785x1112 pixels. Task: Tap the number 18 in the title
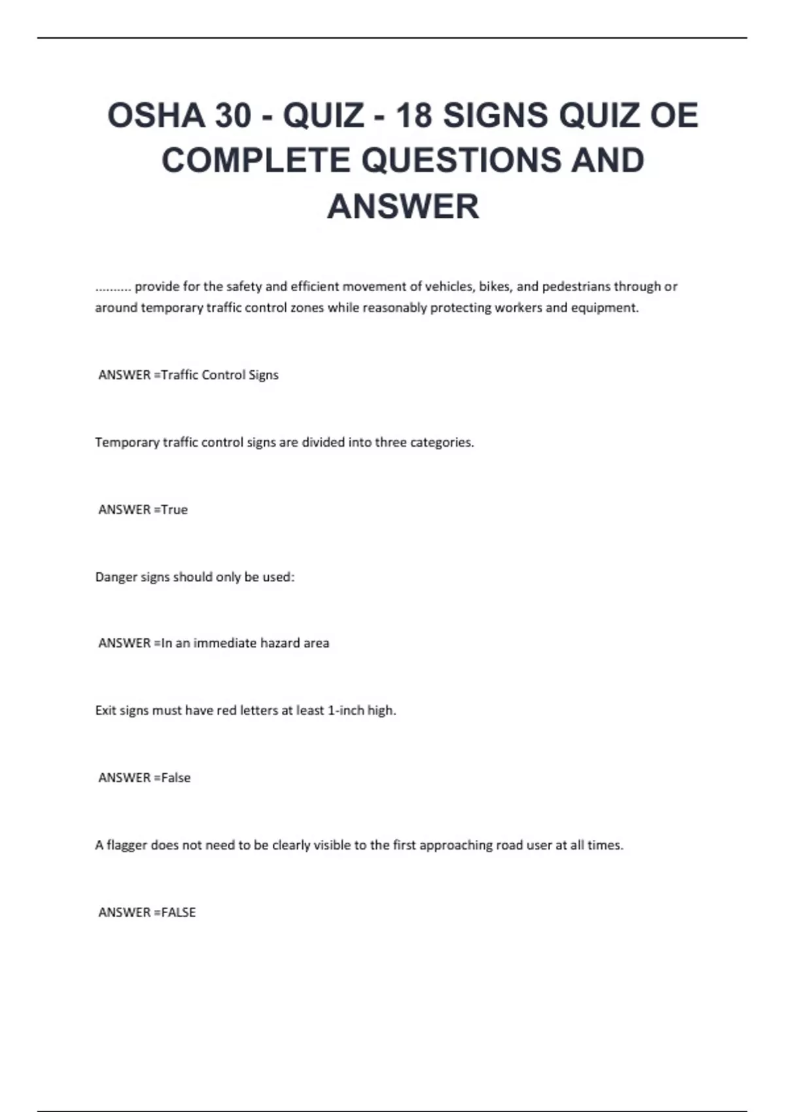point(415,115)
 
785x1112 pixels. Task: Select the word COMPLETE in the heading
point(256,160)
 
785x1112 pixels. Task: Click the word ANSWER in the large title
point(403,206)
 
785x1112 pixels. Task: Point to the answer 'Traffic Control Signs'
point(220,375)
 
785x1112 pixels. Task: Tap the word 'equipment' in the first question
point(604,307)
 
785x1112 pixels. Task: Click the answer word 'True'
point(175,510)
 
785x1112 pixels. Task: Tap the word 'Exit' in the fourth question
point(105,710)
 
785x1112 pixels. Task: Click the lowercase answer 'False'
point(176,778)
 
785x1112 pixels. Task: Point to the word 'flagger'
point(126,845)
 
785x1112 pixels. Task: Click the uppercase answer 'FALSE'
point(179,912)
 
